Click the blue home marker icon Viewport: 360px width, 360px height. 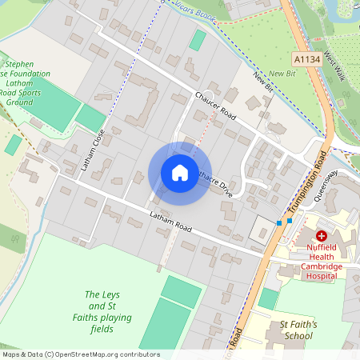pyautogui.click(x=180, y=173)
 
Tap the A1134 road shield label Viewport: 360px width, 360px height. pyautogui.click(x=306, y=58)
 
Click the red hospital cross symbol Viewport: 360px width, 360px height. pyautogui.click(x=322, y=236)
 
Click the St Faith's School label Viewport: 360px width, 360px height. pyautogui.click(x=298, y=330)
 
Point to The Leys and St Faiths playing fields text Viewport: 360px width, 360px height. pyautogui.click(x=108, y=312)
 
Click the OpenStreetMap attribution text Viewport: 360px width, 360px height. pyautogui.click(x=81, y=354)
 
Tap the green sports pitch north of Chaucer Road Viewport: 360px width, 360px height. pyautogui.click(x=198, y=40)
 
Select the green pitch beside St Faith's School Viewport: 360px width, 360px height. pyautogui.click(x=269, y=299)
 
